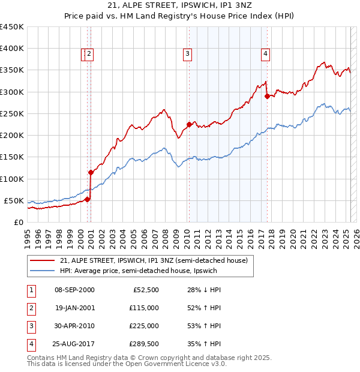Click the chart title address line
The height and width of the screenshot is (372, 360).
point(179,6)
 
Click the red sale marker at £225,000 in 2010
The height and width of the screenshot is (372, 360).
point(189,125)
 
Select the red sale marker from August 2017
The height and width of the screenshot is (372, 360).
point(267,96)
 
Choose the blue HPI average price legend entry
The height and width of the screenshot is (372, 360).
point(138,271)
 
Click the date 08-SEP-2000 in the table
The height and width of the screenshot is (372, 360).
point(74,290)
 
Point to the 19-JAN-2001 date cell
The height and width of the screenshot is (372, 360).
point(74,308)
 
